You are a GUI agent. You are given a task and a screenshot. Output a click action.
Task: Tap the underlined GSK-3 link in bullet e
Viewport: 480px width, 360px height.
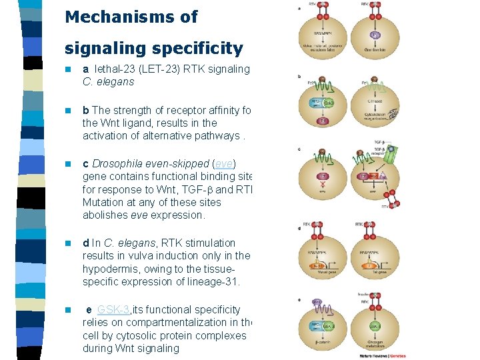114,310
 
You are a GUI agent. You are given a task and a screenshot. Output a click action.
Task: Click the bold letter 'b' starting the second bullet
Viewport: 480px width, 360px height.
86,110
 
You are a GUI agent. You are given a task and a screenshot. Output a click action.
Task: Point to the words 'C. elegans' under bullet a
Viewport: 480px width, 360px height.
108,82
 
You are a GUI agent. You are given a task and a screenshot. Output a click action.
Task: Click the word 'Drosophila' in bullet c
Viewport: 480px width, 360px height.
118,164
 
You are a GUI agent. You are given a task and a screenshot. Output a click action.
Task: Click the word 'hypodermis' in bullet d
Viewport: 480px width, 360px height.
108,269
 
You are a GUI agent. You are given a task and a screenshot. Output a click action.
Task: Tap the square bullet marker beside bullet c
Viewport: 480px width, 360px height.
67,164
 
